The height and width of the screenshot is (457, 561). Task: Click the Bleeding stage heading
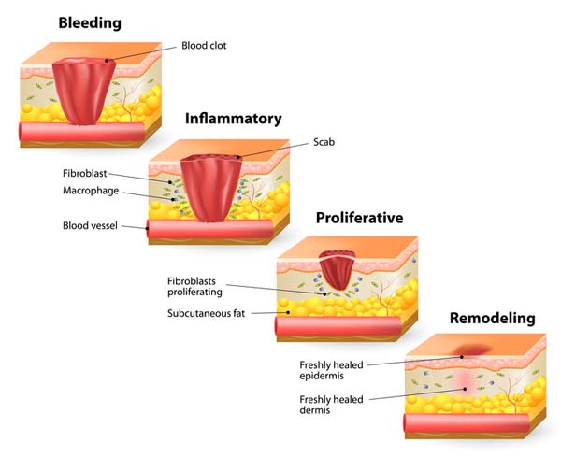tap(90, 23)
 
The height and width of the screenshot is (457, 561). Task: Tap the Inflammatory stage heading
tap(233, 119)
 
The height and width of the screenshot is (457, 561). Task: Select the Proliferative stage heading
tap(359, 218)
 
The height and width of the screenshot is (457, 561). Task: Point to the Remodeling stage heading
tap(493, 318)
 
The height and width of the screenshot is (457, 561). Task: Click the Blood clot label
tap(204, 46)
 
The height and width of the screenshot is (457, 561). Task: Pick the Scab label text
tap(324, 142)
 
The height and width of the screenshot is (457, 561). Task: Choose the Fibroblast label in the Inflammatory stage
tap(85, 174)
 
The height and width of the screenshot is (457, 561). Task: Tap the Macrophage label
tap(91, 191)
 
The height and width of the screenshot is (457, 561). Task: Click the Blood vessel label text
tap(90, 225)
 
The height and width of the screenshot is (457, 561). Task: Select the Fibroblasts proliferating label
tap(195, 286)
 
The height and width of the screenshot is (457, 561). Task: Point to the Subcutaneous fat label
tap(206, 313)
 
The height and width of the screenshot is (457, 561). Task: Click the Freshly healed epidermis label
tap(331, 370)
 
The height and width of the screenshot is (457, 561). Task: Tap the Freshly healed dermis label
tap(331, 405)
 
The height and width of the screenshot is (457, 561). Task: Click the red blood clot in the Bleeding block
tap(84, 92)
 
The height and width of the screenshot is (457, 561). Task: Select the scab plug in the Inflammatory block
tap(211, 188)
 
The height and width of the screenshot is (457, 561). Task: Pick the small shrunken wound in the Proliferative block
tap(337, 270)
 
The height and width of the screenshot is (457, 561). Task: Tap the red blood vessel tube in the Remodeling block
tap(467, 422)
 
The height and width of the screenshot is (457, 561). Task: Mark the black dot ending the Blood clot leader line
tap(107, 61)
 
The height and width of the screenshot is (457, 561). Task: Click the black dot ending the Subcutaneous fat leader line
tap(288, 312)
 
